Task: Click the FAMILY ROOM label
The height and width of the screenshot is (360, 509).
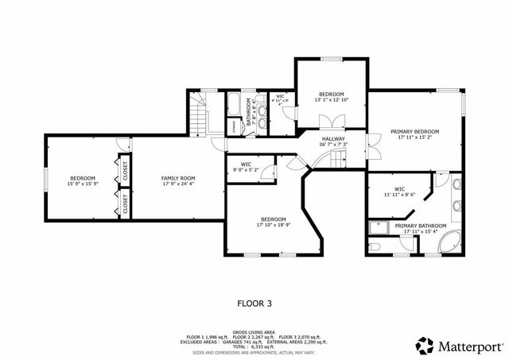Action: (x=178, y=178)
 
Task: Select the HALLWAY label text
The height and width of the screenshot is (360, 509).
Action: (x=333, y=139)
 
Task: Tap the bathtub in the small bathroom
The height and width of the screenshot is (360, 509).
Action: (x=235, y=104)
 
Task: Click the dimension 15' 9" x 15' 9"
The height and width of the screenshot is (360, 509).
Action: (x=82, y=184)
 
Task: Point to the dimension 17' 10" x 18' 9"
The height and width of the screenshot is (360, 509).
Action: (x=273, y=225)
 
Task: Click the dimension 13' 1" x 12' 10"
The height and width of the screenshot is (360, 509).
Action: (x=332, y=99)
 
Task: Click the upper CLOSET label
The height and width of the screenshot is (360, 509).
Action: (x=124, y=168)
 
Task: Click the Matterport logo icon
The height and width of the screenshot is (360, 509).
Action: (x=425, y=346)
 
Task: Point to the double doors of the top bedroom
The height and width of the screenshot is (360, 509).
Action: (x=332, y=122)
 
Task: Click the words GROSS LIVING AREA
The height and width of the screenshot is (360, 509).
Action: (x=255, y=332)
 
